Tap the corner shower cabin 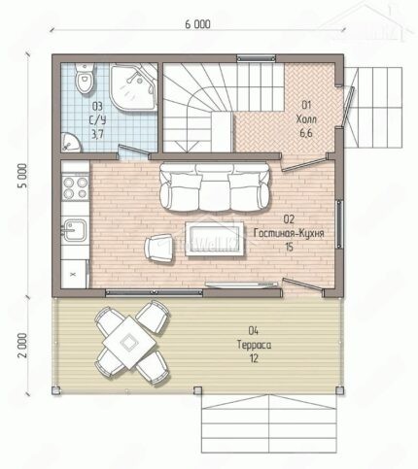click(132, 86)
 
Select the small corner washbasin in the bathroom click(70, 142)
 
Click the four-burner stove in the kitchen click(76, 187)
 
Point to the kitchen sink click(76, 230)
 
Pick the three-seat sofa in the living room click(214, 187)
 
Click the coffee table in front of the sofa click(214, 239)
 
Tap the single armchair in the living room click(158, 248)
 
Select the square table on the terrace click(128, 343)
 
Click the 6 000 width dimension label click(197, 24)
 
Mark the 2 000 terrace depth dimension click(22, 345)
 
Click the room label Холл click(306, 119)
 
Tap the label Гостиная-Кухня click(289, 233)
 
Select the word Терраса click(255, 345)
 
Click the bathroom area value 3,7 click(97, 134)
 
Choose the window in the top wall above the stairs click(257, 58)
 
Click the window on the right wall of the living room click(339, 224)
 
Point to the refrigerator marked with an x click(74, 274)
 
